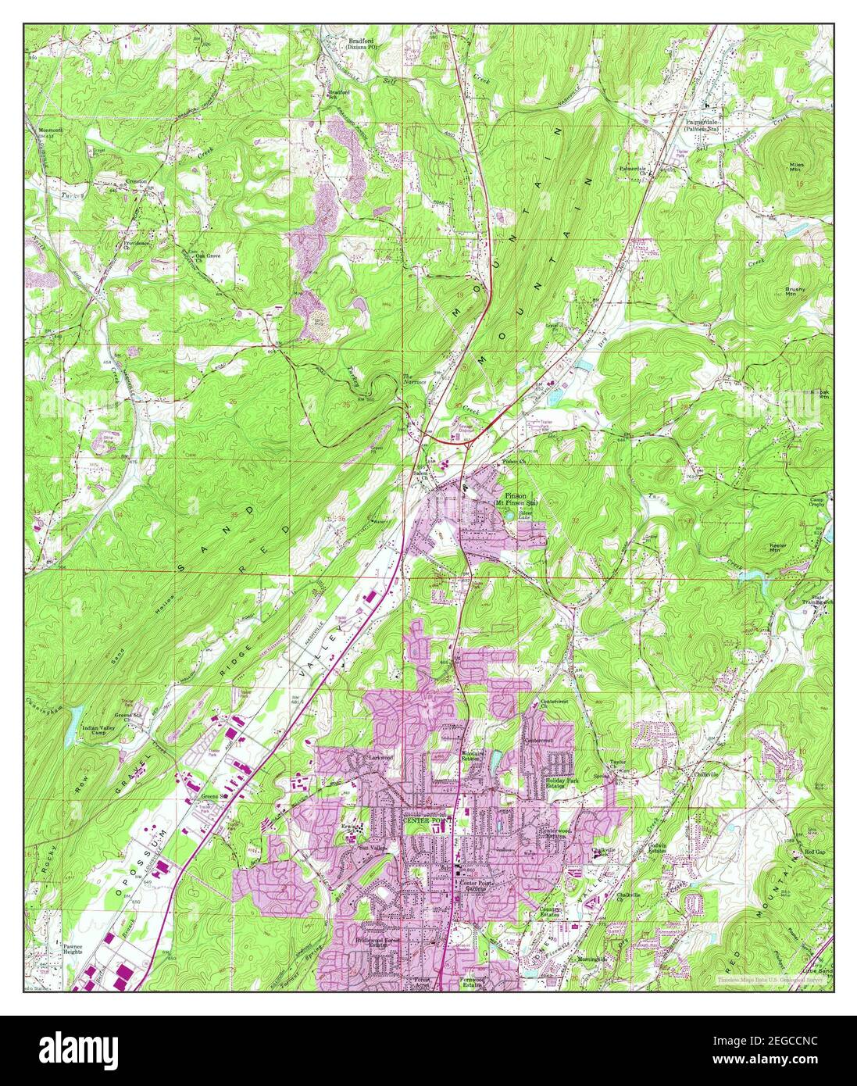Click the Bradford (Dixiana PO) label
coord(362,43)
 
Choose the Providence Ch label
coord(136,245)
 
